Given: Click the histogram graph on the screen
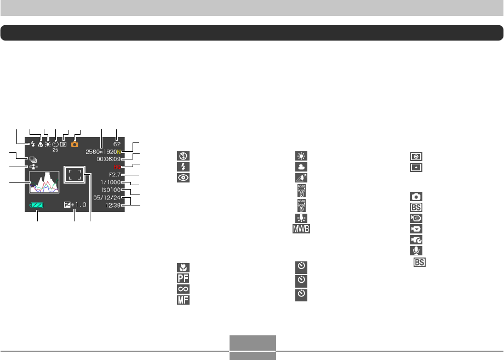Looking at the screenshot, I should click(x=44, y=181).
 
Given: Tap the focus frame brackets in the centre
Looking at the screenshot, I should click(x=75, y=175).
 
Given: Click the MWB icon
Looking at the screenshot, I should click(x=300, y=227).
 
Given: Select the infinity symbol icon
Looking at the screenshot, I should click(x=182, y=288).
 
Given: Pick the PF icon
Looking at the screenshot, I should click(x=182, y=278).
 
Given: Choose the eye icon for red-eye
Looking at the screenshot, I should click(x=182, y=177).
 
